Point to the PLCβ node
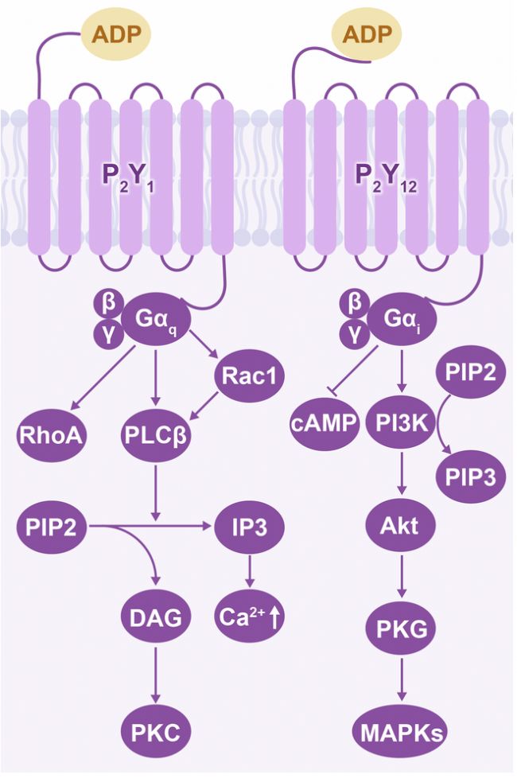[x=157, y=435]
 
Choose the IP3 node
[x=250, y=527]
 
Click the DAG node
[x=157, y=617]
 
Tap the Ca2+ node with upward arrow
[x=250, y=617]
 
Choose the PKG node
[x=401, y=628]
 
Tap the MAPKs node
[x=401, y=730]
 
